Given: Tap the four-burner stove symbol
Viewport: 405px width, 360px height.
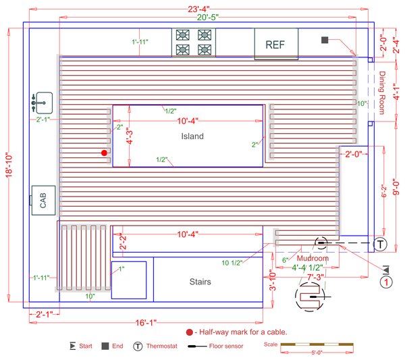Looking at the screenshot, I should coord(193,42).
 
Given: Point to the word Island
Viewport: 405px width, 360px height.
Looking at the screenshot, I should coord(192,136).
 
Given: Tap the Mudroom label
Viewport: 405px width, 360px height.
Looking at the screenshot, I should coord(313,258).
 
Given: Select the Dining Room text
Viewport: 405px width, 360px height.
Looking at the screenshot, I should coord(382,93).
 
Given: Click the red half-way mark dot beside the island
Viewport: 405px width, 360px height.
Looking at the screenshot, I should coord(104,153).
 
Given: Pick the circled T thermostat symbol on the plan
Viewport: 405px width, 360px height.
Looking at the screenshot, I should coord(380,244).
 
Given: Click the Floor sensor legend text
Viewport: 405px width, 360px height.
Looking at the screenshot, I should coord(227,346).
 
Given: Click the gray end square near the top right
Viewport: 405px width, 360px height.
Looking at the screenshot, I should coord(325,41).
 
